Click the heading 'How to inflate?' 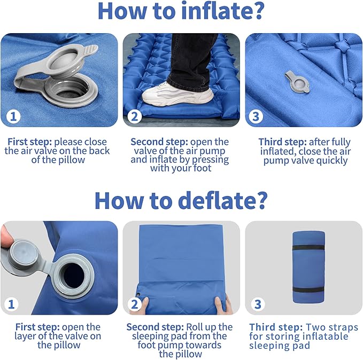(181, 12)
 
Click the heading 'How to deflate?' (181, 199)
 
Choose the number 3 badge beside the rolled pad (258, 303)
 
